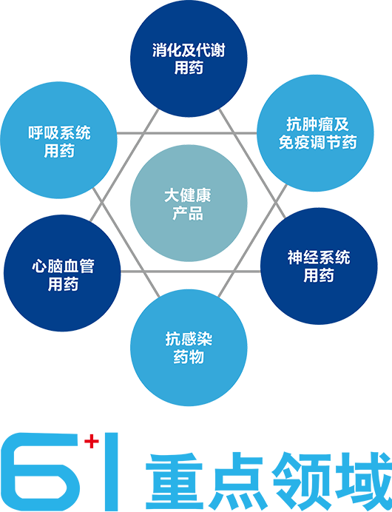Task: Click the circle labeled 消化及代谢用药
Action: click(x=189, y=58)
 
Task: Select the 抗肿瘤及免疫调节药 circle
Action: click(x=315, y=133)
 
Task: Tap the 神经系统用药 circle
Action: click(x=319, y=266)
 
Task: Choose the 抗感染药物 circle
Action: click(x=189, y=348)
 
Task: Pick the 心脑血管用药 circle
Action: click(x=62, y=273)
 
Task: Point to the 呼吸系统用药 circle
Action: click(x=58, y=140)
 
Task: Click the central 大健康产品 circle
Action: click(x=189, y=203)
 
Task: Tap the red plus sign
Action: click(x=92, y=442)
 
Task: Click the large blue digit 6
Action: click(x=40, y=471)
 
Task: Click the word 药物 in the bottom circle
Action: click(x=189, y=357)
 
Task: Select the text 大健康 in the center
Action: click(x=188, y=195)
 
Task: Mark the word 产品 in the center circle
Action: click(x=188, y=213)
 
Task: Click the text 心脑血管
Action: click(x=63, y=266)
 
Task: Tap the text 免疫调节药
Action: click(x=317, y=142)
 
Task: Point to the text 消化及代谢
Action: click(x=189, y=50)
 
